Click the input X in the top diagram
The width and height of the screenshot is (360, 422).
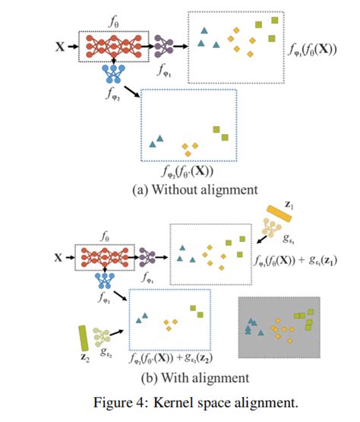60,47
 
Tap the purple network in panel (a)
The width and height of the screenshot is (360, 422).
164,47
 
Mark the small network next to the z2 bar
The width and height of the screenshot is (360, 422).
104,338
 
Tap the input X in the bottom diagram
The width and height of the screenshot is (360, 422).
60,258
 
